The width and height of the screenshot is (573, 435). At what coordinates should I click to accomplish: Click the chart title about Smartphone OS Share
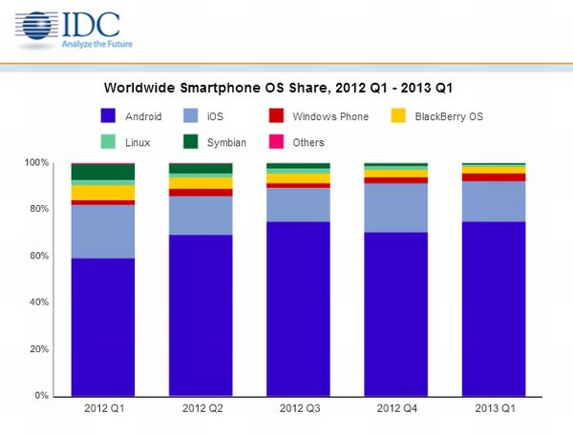click(x=277, y=88)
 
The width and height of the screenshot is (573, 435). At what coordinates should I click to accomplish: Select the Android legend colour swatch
click(x=109, y=116)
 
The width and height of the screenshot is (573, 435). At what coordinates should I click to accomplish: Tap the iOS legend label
click(x=215, y=116)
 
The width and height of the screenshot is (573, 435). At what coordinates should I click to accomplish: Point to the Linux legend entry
click(x=138, y=142)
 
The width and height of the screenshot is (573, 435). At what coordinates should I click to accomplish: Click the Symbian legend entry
click(x=226, y=142)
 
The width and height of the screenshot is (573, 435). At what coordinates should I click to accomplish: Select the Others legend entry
click(x=308, y=142)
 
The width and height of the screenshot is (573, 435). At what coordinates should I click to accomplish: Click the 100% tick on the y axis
click(x=35, y=163)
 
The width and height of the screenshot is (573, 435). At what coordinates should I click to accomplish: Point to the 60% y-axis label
click(x=37, y=256)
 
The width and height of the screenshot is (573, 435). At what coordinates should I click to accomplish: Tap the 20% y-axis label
click(x=37, y=349)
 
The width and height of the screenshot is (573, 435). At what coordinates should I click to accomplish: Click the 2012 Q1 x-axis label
click(x=103, y=408)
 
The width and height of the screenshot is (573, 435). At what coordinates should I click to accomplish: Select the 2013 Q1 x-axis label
click(x=493, y=408)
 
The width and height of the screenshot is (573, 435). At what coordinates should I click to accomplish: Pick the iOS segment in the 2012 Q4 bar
click(x=395, y=208)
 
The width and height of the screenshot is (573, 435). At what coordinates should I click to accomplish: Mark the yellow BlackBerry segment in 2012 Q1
click(x=103, y=193)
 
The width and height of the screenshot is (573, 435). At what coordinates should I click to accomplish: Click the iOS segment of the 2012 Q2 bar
click(x=201, y=216)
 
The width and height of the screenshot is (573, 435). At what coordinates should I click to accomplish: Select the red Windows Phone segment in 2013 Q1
click(x=493, y=177)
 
